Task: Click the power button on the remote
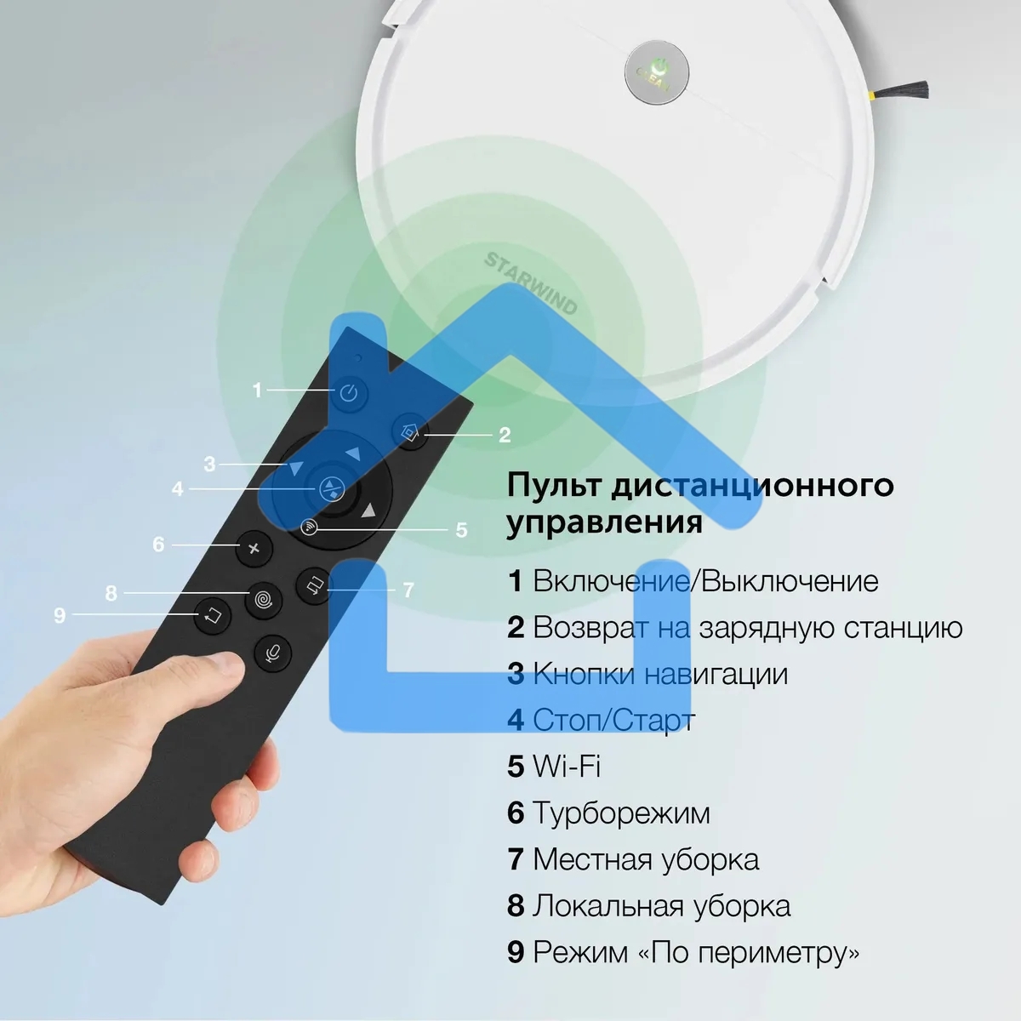tap(349, 394)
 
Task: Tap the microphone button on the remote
tap(274, 653)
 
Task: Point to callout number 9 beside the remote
tap(60, 614)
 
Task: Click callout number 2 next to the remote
tap(505, 436)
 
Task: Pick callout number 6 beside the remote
tap(158, 545)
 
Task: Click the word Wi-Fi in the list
tap(567, 766)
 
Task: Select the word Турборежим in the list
tap(621, 813)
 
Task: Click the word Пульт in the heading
tap(553, 486)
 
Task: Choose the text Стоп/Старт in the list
tap(613, 720)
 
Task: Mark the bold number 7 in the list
tap(515, 858)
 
